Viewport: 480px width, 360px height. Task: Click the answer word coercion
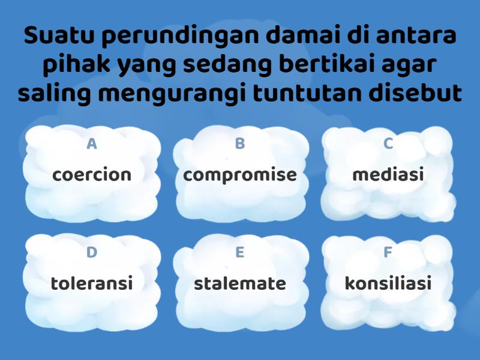[x=92, y=175]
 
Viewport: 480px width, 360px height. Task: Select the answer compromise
[x=240, y=175]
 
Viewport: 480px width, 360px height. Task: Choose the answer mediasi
[x=388, y=175]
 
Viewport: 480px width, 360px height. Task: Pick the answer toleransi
[x=92, y=283]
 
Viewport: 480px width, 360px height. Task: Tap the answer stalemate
[x=240, y=283]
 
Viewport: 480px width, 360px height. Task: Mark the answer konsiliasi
[x=388, y=283]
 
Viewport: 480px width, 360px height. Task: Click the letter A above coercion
[x=92, y=144]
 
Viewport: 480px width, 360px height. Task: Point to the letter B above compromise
[x=240, y=144]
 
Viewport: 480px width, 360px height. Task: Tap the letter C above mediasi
[x=388, y=144]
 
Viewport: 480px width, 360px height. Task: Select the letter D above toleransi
[x=92, y=253]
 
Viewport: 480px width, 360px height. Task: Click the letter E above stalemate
[x=240, y=253]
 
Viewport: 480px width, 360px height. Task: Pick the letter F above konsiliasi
[x=388, y=253]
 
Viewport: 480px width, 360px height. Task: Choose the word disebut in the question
[x=422, y=94]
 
